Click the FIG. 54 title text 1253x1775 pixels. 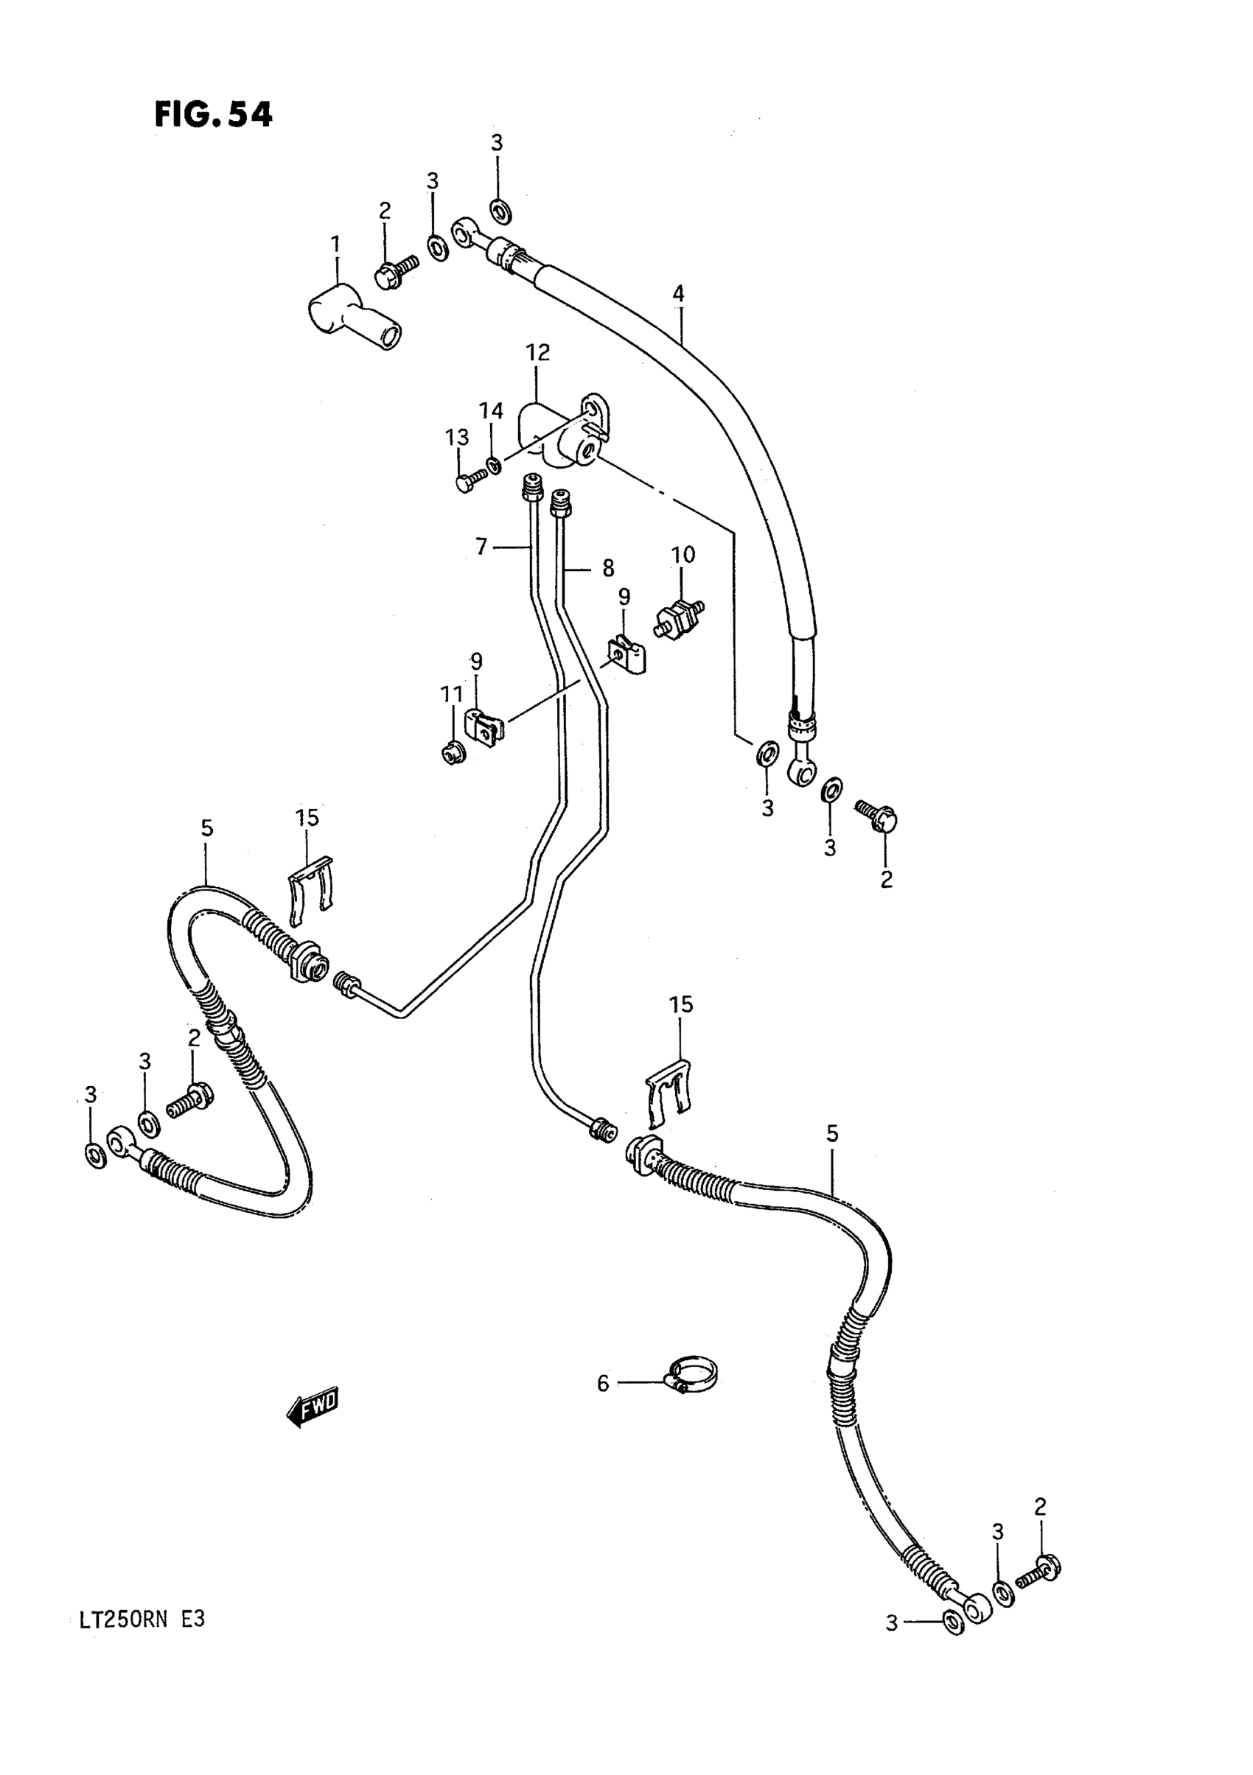(214, 115)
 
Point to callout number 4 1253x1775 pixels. (678, 294)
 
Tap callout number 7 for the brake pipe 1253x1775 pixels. (482, 547)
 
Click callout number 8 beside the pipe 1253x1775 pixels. (608, 568)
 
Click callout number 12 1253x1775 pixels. (537, 352)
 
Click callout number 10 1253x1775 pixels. (683, 554)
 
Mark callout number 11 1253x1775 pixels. (452, 694)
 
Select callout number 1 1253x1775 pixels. (335, 245)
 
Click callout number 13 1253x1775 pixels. (457, 438)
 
